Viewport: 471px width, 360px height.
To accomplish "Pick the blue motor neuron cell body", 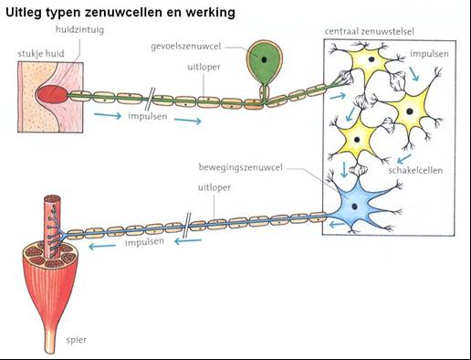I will [360, 206].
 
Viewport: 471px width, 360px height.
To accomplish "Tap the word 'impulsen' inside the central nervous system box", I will [429, 55].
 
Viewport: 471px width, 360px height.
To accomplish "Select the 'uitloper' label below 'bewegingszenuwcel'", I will [212, 187].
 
